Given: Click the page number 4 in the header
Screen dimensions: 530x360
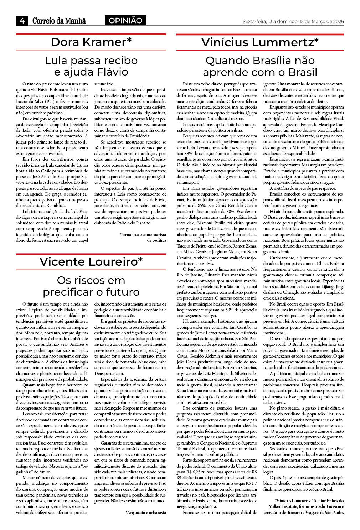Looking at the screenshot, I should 22,21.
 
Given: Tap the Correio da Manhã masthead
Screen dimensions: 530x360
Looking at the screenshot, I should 59,21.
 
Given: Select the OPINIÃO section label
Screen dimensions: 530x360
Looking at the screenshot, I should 125,21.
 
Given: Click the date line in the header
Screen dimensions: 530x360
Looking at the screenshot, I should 293,21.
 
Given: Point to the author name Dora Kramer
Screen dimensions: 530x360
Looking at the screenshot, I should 88,42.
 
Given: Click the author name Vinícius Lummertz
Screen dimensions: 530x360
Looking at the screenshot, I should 257,42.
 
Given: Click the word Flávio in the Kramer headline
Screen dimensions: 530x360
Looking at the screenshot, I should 111,72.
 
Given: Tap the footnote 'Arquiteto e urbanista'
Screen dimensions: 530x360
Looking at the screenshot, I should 146,513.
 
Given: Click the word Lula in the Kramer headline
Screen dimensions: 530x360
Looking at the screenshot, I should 56,61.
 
